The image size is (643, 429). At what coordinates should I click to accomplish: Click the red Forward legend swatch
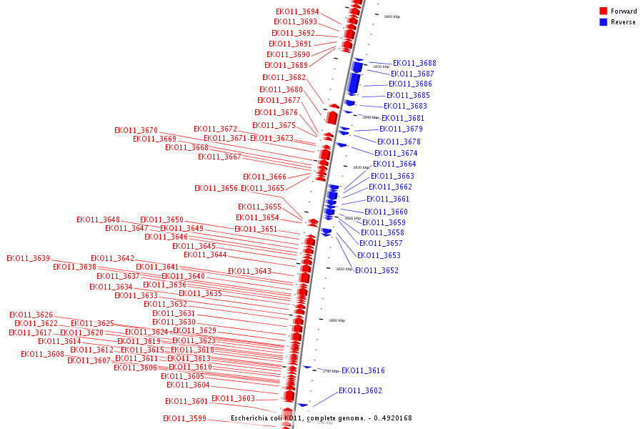click(x=603, y=11)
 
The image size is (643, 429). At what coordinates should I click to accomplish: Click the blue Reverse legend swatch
click(x=603, y=22)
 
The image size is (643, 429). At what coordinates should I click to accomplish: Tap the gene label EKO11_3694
click(x=297, y=11)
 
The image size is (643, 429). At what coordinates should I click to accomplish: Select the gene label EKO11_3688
click(x=414, y=64)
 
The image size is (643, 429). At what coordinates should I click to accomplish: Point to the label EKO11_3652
click(x=377, y=270)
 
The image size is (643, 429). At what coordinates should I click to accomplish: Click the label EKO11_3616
click(x=363, y=370)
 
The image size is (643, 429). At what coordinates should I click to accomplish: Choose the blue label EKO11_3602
click(x=360, y=390)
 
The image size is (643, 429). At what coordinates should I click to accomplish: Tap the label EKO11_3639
click(x=29, y=259)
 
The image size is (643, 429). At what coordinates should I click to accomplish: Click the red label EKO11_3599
click(x=184, y=419)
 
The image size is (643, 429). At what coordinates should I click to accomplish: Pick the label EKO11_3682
click(x=284, y=78)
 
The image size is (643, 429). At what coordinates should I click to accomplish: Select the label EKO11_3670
click(x=136, y=131)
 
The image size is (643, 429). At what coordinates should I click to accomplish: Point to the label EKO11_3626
click(x=31, y=315)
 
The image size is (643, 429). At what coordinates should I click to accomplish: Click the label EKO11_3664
click(x=394, y=164)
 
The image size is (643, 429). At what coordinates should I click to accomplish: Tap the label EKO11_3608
click(x=42, y=355)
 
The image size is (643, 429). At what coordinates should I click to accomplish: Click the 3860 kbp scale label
click(x=392, y=16)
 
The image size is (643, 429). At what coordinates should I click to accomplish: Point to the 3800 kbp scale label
click(x=337, y=320)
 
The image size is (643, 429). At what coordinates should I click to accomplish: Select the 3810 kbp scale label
click(x=344, y=269)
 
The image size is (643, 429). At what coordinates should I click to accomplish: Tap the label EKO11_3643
click(x=249, y=272)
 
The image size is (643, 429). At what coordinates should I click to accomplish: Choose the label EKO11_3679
click(x=401, y=129)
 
